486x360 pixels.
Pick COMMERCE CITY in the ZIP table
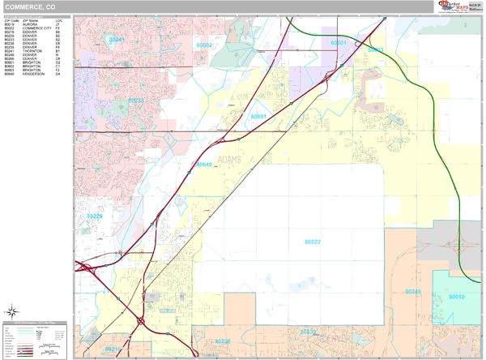click(x=37, y=29)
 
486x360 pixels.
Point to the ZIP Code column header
click(x=11, y=20)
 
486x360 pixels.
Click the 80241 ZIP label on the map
click(x=117, y=39)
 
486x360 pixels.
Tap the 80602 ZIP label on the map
click(x=204, y=46)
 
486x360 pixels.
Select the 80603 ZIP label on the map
click(x=376, y=50)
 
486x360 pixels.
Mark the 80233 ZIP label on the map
click(x=135, y=101)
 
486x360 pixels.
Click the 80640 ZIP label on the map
click(x=204, y=165)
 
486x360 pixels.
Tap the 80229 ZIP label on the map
click(x=95, y=216)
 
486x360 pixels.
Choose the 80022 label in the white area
click(x=313, y=242)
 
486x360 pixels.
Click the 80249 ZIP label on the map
click(x=413, y=291)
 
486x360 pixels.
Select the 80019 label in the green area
click(x=457, y=297)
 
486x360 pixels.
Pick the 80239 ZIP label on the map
click(x=308, y=331)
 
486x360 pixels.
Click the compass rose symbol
click(x=13, y=311)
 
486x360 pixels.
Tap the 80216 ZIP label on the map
click(x=113, y=349)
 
